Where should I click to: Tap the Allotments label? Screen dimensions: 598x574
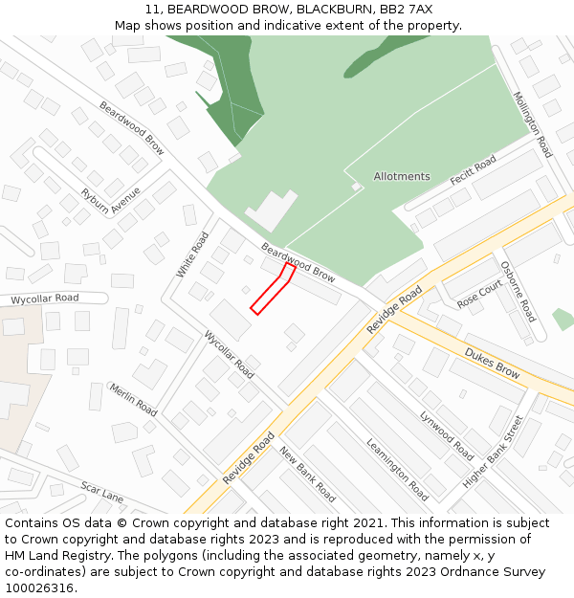[402, 177]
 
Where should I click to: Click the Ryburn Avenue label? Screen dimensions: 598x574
[110, 201]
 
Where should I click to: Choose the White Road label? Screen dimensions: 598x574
[191, 255]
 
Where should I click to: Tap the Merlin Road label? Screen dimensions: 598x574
[133, 399]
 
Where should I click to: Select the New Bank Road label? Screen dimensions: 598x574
[307, 475]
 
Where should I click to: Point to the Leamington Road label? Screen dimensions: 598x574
[397, 469]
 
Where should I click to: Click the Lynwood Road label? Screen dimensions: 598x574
[447, 435]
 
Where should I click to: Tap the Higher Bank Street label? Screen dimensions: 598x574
[494, 452]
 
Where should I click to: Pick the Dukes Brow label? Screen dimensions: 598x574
[493, 364]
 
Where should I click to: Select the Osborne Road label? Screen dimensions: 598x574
[518, 291]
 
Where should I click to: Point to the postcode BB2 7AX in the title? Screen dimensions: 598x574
[408, 9]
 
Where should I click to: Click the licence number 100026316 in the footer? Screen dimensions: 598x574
[39, 588]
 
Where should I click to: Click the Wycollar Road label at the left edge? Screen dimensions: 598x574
[44, 299]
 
